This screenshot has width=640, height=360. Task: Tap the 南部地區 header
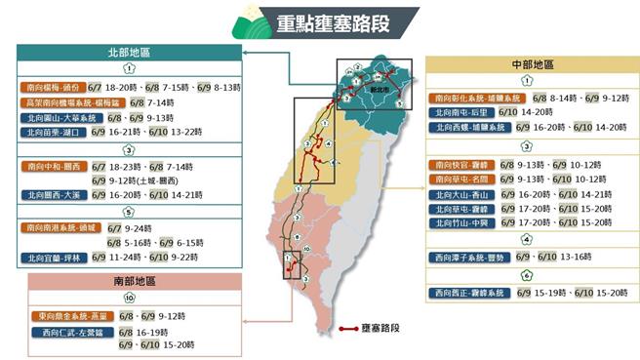tap(130, 281)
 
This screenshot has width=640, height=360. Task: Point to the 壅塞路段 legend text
tap(381, 328)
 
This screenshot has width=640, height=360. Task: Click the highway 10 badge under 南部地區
tap(129, 299)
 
